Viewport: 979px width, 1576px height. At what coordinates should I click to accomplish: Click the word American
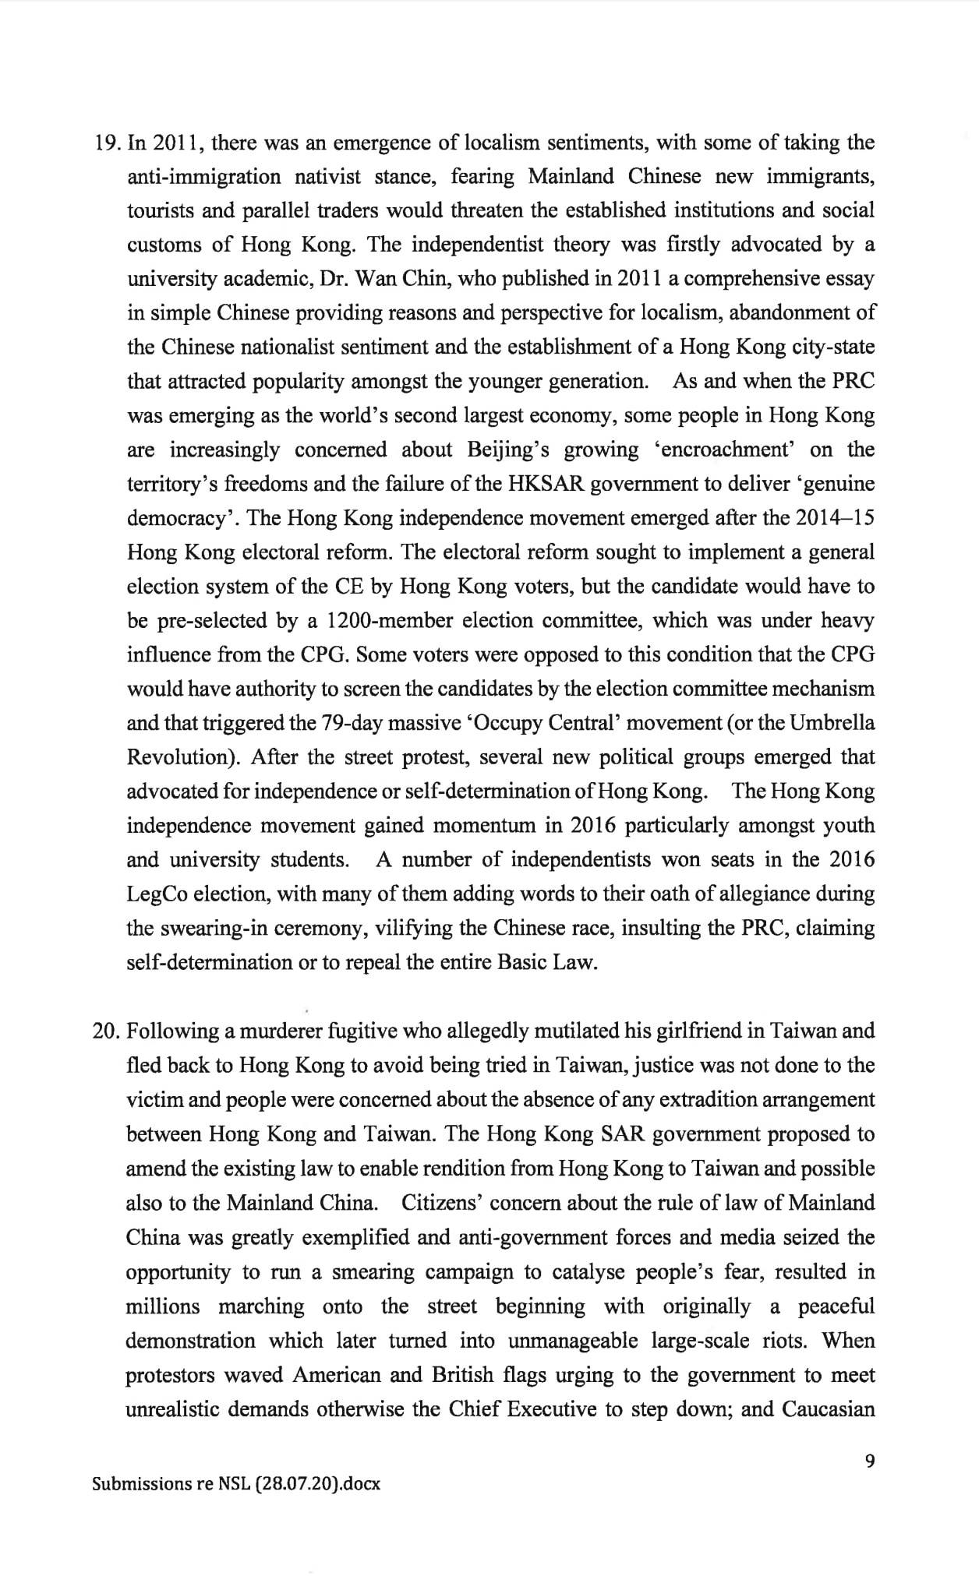(336, 1375)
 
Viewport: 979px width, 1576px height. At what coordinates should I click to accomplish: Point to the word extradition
(734, 1099)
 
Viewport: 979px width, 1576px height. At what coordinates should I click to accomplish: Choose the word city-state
(827, 347)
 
